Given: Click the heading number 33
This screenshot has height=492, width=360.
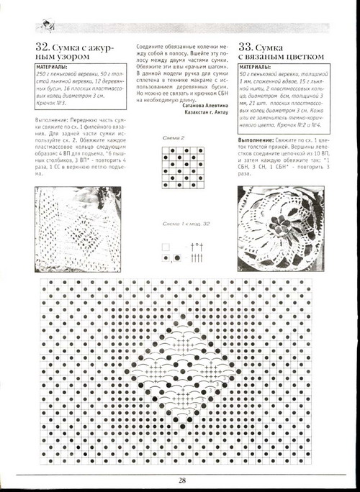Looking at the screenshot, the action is [247, 48].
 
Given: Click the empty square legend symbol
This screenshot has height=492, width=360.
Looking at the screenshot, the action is [166, 245].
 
